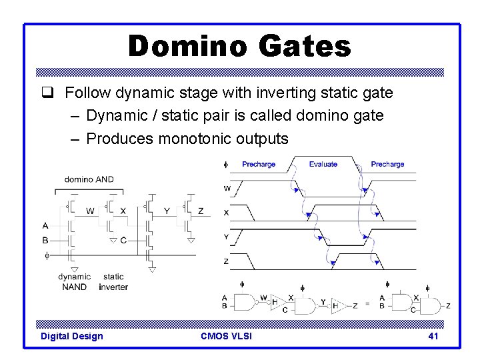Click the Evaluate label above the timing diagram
point(323,164)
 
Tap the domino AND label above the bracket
point(89,179)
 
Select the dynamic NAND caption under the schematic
point(74,281)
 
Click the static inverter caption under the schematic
point(113,281)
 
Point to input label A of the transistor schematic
point(45,226)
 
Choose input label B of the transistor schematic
point(45,240)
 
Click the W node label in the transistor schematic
point(90,211)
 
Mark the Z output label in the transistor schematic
point(201,211)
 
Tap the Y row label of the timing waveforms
point(226,237)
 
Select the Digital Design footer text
point(72,336)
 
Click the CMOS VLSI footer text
point(226,336)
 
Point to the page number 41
point(433,336)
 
